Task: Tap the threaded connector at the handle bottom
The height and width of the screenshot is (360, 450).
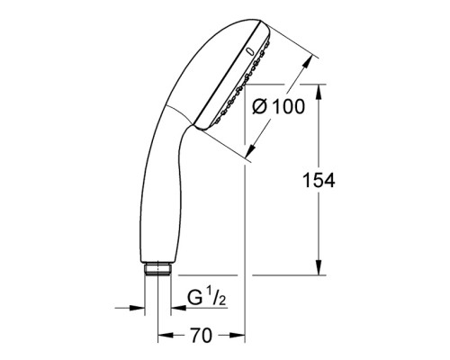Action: pos(158,268)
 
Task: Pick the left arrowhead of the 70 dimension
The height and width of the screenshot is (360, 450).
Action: pos(162,337)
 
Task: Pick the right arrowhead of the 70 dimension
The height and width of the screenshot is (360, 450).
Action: pos(242,337)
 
